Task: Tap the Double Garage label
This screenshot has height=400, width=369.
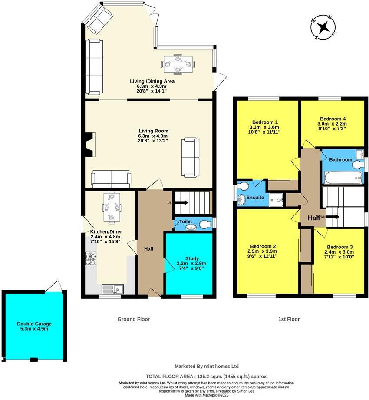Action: tap(34, 324)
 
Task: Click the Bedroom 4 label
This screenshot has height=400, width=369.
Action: tap(333, 119)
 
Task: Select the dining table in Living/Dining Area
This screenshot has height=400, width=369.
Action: tap(178, 64)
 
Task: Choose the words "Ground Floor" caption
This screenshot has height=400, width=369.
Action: tap(133, 319)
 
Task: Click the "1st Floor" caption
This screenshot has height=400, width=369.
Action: tap(289, 319)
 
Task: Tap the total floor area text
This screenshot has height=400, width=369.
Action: tap(206, 377)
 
